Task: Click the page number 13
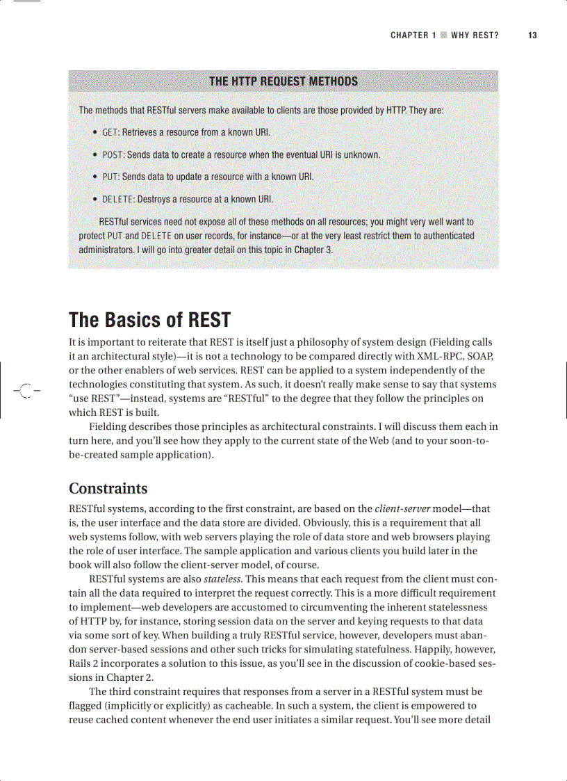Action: pos(532,35)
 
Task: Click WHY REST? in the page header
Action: pos(475,35)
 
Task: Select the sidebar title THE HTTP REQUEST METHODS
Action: pos(283,81)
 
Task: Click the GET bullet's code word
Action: pos(110,132)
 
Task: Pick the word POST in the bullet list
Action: pos(113,154)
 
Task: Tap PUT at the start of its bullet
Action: pos(110,177)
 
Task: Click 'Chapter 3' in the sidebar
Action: pos(313,250)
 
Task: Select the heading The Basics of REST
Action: pos(149,320)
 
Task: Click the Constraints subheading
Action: pos(108,488)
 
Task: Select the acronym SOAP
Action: pos(477,356)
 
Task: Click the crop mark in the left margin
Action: pos(26,389)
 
